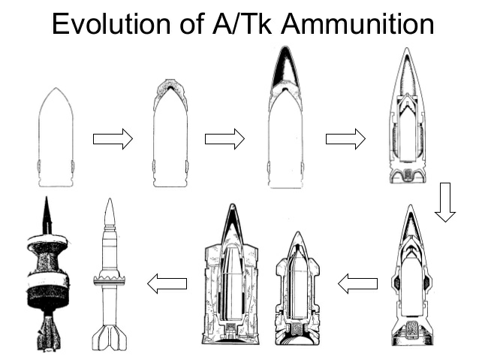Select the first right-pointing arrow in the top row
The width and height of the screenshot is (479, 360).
coord(113,139)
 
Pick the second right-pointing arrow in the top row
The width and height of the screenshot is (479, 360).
coord(224,139)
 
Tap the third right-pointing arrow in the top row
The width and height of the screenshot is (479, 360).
coord(345,139)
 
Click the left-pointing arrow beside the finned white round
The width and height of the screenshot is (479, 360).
coord(167,284)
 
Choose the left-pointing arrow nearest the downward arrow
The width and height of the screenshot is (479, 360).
coord(357,284)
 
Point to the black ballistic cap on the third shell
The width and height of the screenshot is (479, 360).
coord(285,75)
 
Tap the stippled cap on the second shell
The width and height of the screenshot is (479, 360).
coord(170,92)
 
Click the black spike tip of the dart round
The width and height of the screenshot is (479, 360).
coord(46,214)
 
